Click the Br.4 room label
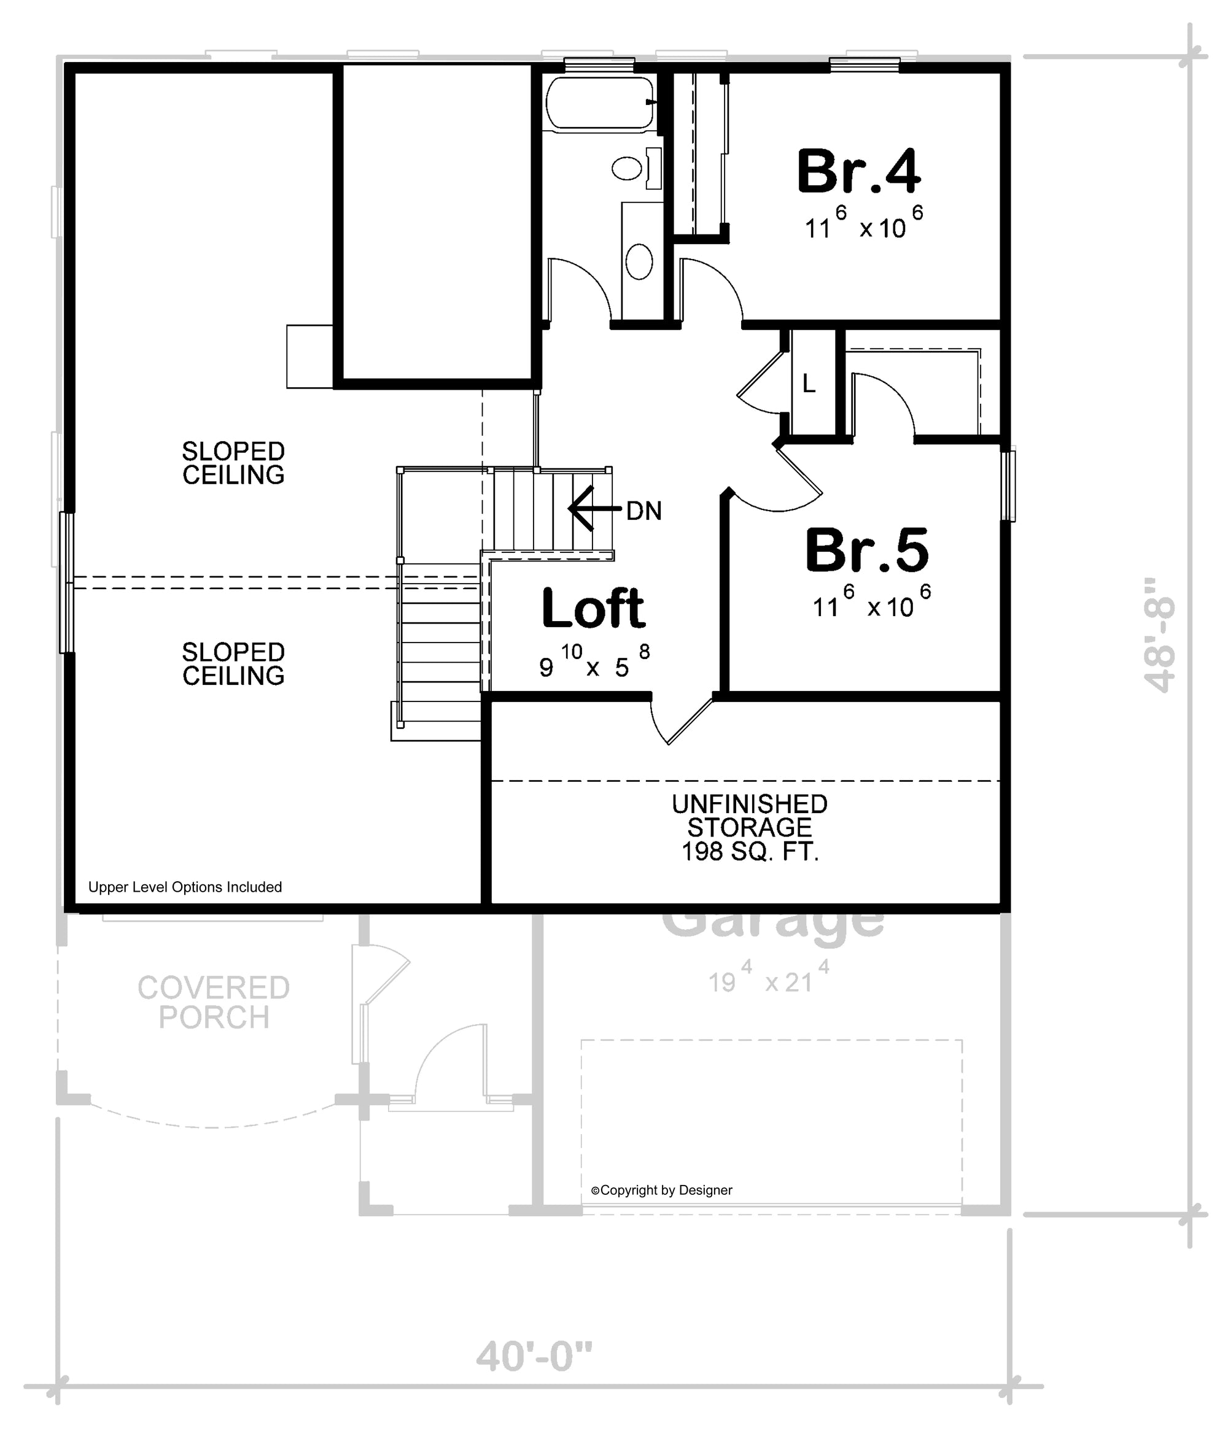[x=858, y=172]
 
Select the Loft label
[x=593, y=608]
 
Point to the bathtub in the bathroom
[x=600, y=104]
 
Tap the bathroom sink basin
[x=639, y=261]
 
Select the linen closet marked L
[x=809, y=384]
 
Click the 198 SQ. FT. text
[x=750, y=852]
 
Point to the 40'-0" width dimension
[x=534, y=1356]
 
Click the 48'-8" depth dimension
[x=1160, y=634]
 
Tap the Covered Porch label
[x=213, y=1003]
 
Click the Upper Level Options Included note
[x=185, y=887]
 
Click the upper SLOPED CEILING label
[x=233, y=463]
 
